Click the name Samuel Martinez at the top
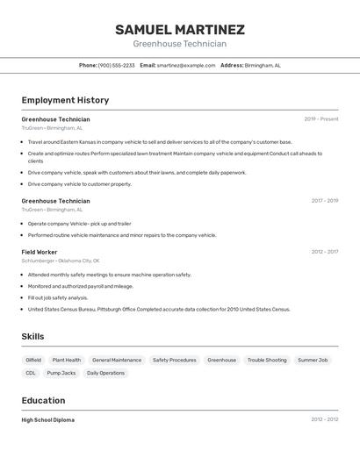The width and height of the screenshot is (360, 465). (x=180, y=30)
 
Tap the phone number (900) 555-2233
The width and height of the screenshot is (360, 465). (x=117, y=65)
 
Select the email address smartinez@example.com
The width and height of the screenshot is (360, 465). (x=186, y=65)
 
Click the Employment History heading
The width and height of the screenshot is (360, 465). (x=66, y=100)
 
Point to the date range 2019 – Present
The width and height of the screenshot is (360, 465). (x=320, y=119)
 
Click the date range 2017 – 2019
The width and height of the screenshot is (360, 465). (x=324, y=201)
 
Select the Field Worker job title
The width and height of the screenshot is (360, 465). (x=40, y=252)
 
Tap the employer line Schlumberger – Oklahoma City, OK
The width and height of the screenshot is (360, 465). (x=61, y=261)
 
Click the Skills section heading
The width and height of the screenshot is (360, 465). (x=32, y=336)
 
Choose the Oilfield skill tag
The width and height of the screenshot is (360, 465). (x=33, y=360)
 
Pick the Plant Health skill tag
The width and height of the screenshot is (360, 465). (x=66, y=360)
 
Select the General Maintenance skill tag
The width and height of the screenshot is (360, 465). (x=117, y=360)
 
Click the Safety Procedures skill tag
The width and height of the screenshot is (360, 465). (x=175, y=360)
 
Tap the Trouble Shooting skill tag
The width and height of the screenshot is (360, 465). (x=267, y=360)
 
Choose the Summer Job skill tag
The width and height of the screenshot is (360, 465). (x=313, y=360)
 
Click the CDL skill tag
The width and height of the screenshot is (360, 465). (x=31, y=373)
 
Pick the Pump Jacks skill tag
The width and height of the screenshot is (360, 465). (x=61, y=373)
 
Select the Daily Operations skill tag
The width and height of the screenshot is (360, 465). (x=105, y=373)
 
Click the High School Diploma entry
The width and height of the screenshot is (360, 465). (x=48, y=420)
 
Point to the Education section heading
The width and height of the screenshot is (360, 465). (x=44, y=400)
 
